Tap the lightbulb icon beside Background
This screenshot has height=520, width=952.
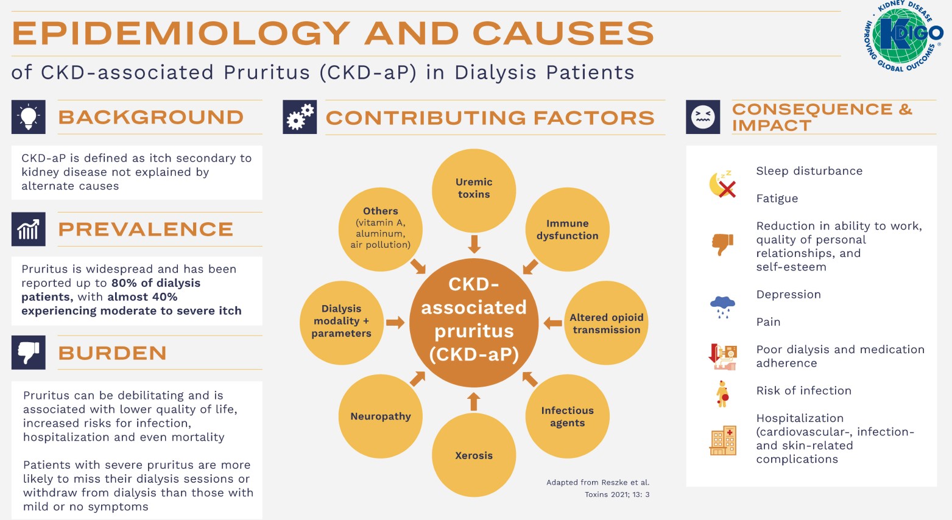point(29,117)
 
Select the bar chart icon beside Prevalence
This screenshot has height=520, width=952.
point(29,229)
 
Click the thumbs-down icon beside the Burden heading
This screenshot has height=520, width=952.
point(29,353)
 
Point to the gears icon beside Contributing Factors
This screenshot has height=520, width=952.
point(300,117)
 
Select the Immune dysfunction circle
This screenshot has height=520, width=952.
point(567,230)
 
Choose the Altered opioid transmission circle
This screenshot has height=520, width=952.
point(606,323)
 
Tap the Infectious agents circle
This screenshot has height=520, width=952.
point(567,416)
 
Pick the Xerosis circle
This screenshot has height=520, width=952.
point(474,455)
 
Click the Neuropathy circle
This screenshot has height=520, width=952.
point(381,416)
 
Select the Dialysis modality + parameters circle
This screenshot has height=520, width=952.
point(342,321)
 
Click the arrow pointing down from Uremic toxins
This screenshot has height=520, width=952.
point(474,244)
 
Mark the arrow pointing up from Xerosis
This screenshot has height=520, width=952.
point(474,402)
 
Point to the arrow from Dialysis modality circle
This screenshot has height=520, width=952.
point(395,323)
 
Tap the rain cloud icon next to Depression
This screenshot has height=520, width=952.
point(723,306)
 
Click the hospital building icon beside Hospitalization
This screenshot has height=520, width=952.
point(723,440)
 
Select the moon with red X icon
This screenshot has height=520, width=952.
point(723,184)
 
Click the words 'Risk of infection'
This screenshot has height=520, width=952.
point(803,391)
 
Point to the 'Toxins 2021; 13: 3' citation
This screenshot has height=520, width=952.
point(617,494)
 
